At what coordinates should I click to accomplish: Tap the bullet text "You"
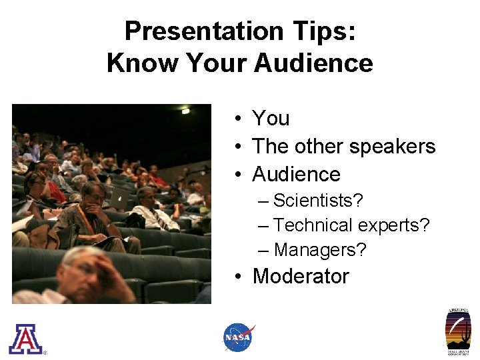pyautogui.click(x=271, y=119)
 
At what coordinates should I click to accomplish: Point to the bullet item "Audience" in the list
pyautogui.click(x=296, y=175)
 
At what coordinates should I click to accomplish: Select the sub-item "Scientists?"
pyautogui.click(x=318, y=200)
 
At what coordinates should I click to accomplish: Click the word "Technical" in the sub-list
pyautogui.click(x=314, y=225)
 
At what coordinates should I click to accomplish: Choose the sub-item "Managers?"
pyautogui.click(x=320, y=250)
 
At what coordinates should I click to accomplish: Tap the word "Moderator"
pyautogui.click(x=301, y=276)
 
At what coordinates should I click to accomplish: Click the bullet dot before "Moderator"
pyautogui.click(x=237, y=277)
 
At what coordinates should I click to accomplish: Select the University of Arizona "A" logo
pyautogui.click(x=25, y=338)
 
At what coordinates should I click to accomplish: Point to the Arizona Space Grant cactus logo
pyautogui.click(x=459, y=331)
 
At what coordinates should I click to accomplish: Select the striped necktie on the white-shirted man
pyautogui.click(x=151, y=217)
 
